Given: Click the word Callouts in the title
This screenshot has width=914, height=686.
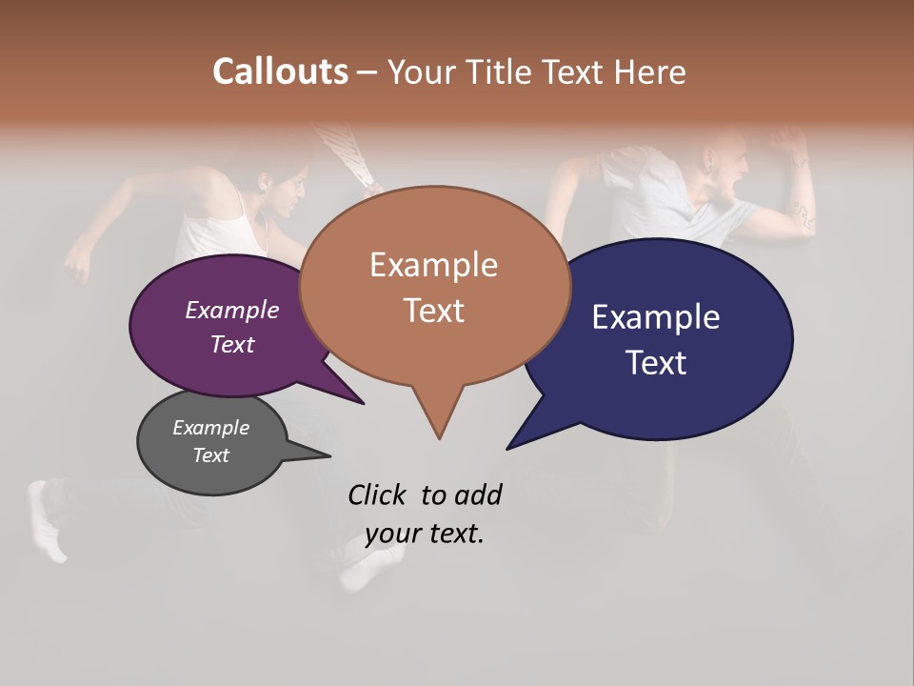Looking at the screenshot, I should click(280, 71).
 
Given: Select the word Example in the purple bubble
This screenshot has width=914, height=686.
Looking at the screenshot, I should click(231, 310).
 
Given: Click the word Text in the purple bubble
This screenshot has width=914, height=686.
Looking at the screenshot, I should click(231, 344).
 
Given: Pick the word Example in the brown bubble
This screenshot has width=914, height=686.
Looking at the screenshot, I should click(433, 264).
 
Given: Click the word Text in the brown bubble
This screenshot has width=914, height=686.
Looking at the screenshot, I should click(433, 310).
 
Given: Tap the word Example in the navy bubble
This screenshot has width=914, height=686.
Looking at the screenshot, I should click(656, 316).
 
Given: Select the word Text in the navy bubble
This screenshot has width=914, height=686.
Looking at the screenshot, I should click(656, 362).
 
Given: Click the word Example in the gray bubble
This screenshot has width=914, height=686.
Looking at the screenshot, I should click(210, 428).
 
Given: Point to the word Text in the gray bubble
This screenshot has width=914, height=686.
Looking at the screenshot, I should click(210, 455).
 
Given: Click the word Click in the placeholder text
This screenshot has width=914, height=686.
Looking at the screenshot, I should click(379, 494).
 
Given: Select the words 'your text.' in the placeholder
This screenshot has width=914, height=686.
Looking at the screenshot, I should click(424, 534).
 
